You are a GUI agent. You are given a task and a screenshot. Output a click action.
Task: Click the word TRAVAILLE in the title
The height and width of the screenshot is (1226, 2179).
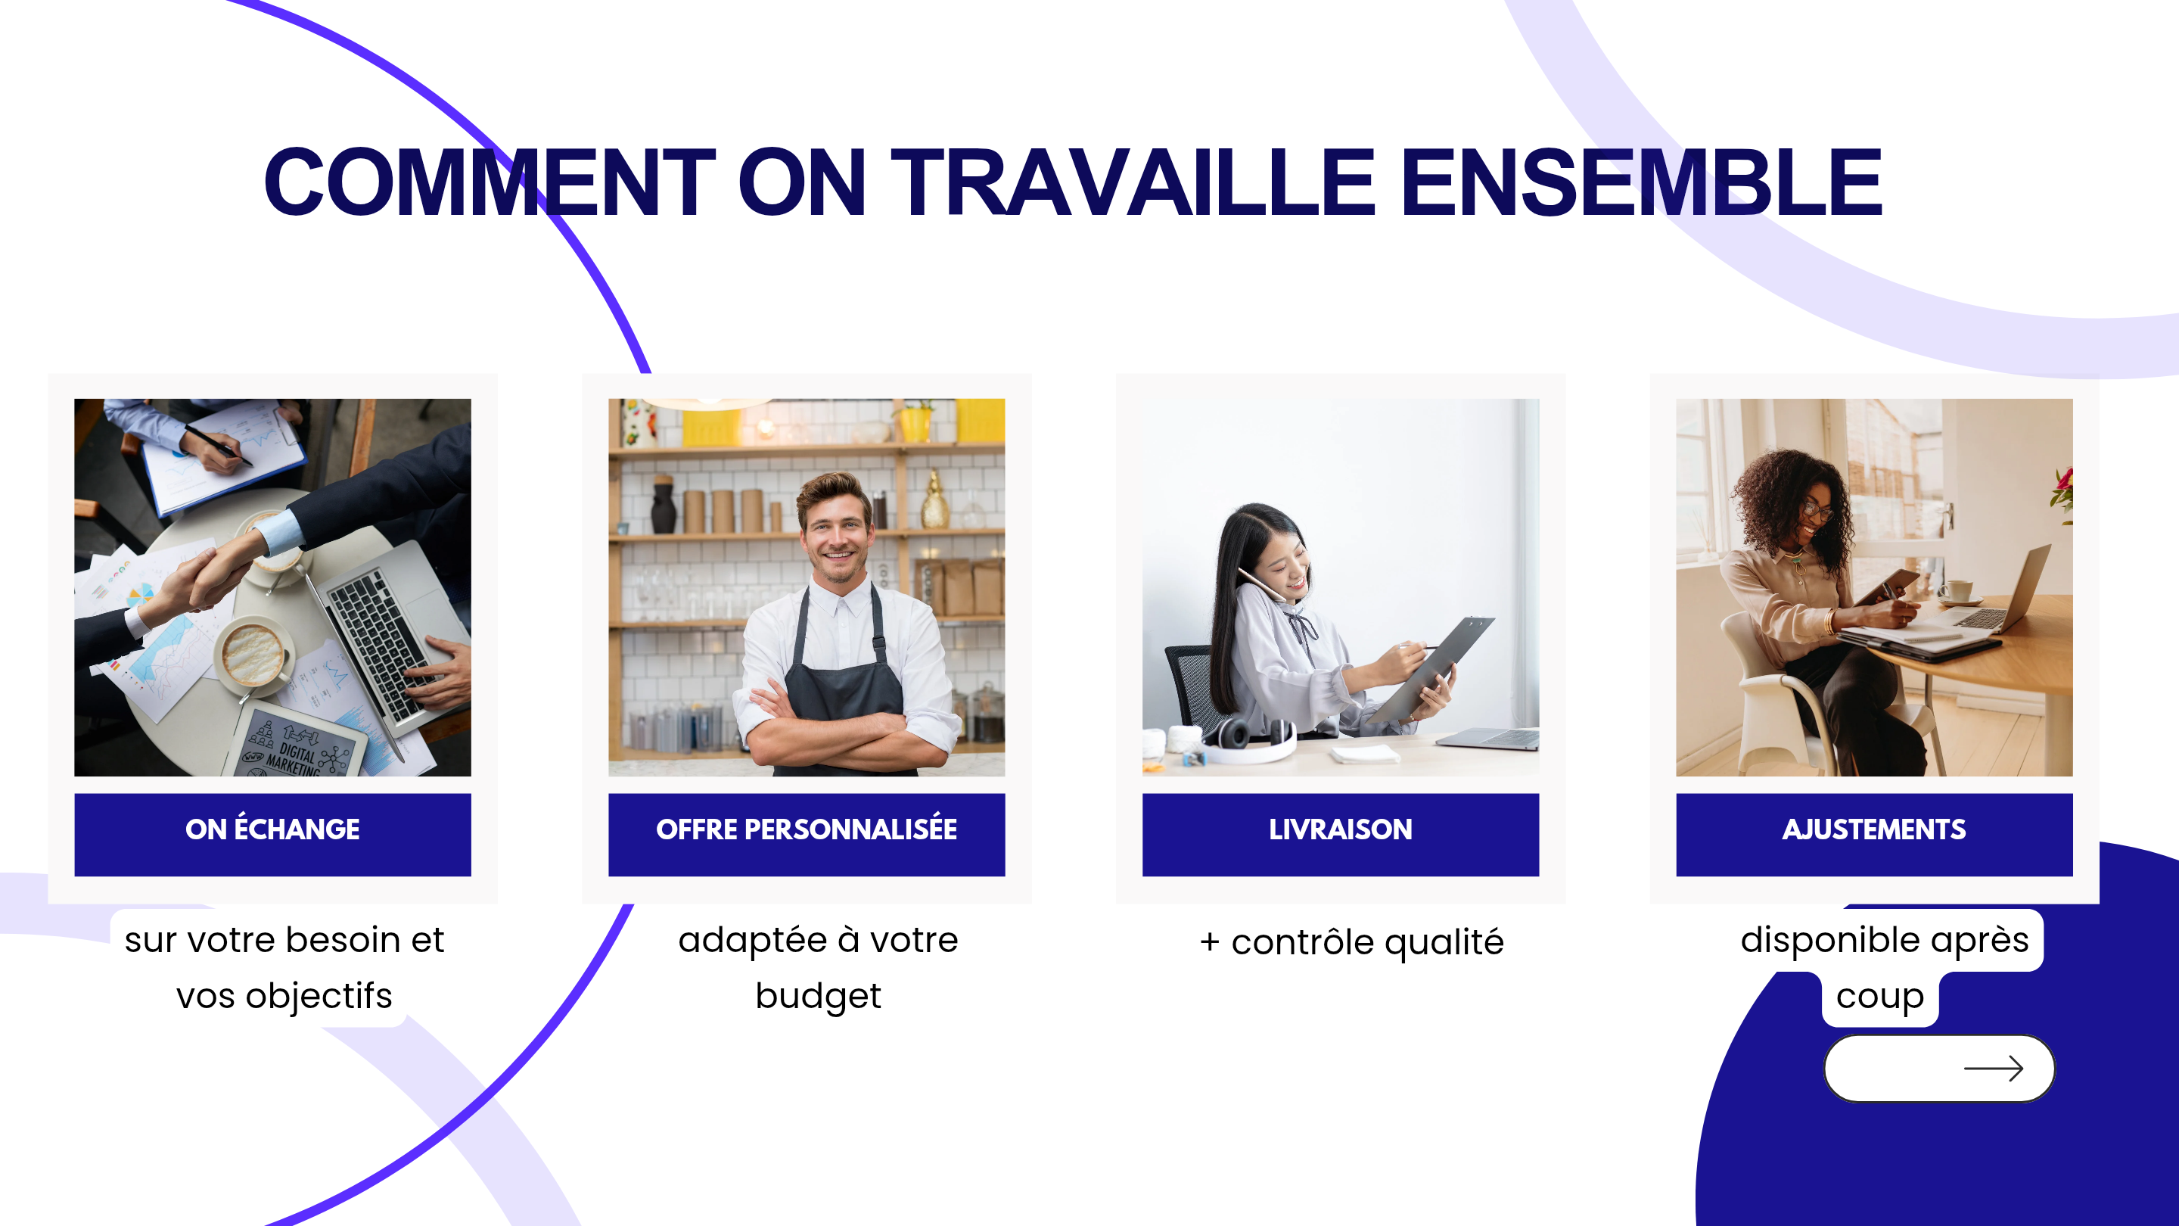1133,182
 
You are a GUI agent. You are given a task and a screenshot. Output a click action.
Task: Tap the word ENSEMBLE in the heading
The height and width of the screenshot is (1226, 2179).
1642,182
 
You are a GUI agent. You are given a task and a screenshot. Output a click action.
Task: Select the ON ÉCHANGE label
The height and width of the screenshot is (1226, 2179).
272,829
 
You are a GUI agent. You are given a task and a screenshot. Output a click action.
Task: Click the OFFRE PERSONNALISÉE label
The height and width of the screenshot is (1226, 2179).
806,829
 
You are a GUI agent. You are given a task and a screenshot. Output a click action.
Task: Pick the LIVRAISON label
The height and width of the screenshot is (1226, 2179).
1340,829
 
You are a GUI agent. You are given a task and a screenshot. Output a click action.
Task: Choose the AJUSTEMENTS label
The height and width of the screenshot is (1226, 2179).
1873,829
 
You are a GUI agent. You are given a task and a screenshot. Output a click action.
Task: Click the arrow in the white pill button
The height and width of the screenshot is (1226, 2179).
1994,1069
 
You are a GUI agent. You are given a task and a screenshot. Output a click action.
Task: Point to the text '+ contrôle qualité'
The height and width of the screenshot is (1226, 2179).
1351,942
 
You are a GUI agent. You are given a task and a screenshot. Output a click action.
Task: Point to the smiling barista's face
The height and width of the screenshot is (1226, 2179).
836,533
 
